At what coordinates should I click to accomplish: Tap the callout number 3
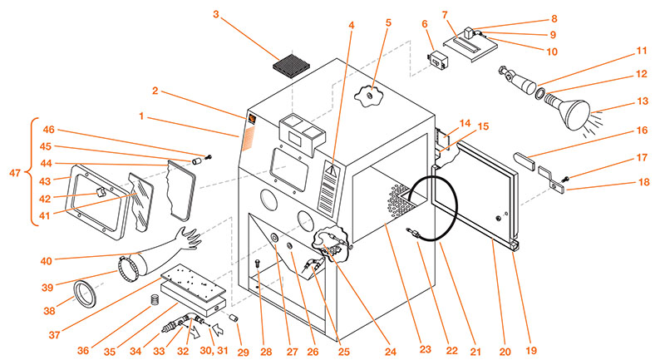pyautogui.click(x=216, y=14)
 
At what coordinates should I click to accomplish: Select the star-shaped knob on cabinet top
pyautogui.click(x=368, y=98)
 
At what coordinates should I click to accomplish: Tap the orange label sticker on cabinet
pyautogui.click(x=250, y=133)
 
